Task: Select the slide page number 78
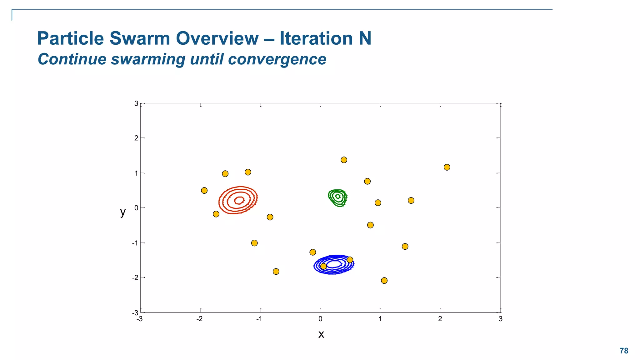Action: (x=624, y=351)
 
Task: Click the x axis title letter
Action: (x=321, y=334)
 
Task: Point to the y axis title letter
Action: (x=123, y=212)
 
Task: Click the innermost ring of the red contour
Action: (x=239, y=200)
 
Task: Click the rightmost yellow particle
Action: (x=447, y=167)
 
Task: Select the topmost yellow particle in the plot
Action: (x=344, y=160)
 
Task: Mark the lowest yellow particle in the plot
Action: (x=384, y=281)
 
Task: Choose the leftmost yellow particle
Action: (x=204, y=190)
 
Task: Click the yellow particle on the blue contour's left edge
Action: (x=323, y=266)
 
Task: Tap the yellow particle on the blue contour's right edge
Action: (x=350, y=260)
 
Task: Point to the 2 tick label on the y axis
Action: (x=136, y=138)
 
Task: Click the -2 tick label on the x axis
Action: (x=199, y=319)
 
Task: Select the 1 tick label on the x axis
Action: (x=380, y=319)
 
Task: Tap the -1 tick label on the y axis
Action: (x=135, y=243)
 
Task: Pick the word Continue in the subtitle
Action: (x=72, y=59)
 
